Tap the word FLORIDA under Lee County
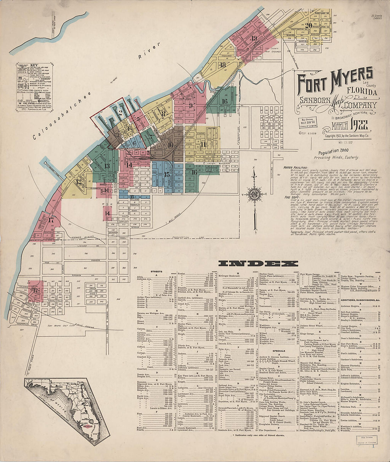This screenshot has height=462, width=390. point(362,92)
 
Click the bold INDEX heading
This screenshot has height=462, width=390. point(258,263)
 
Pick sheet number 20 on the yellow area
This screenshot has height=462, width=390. point(308,25)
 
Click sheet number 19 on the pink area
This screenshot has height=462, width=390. point(253,38)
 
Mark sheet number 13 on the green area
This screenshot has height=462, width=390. point(107,166)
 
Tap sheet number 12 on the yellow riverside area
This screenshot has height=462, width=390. point(79,182)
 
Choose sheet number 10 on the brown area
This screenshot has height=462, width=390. point(170,144)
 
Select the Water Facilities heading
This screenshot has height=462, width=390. point(295,167)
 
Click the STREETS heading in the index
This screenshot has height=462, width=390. point(156,272)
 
